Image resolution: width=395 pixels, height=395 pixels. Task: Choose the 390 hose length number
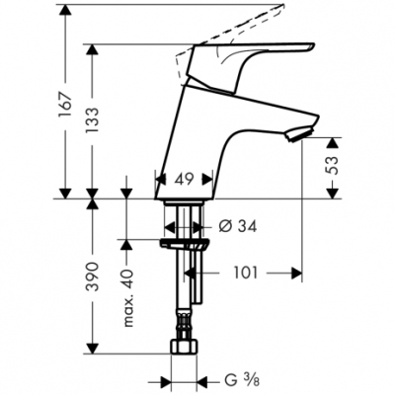coord(93,276)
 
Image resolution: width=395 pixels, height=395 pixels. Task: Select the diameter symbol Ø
coord(223,225)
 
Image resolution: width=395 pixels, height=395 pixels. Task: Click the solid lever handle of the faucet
coord(252,53)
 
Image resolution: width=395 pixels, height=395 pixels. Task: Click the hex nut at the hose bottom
coord(185,350)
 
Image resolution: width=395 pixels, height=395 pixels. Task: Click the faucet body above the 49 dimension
coord(197,138)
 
